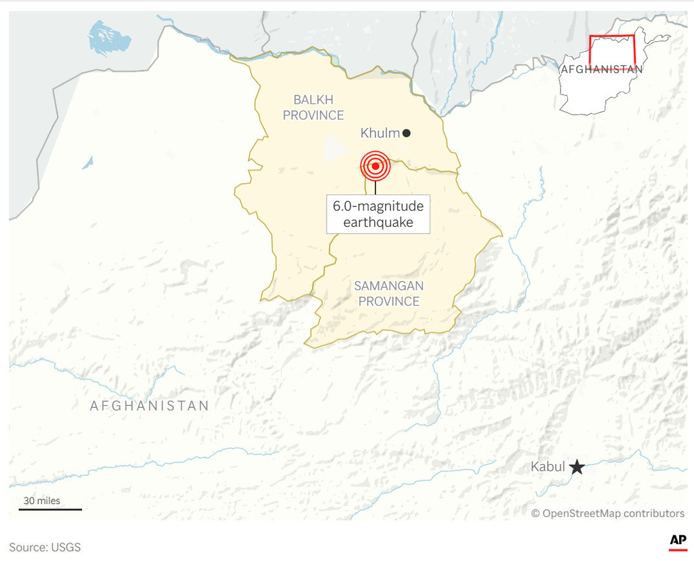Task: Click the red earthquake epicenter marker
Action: pyautogui.click(x=375, y=165)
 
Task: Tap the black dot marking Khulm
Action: pyautogui.click(x=407, y=133)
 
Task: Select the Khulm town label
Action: pyautogui.click(x=380, y=133)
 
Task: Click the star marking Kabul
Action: pyautogui.click(x=577, y=467)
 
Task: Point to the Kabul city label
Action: pyautogui.click(x=548, y=467)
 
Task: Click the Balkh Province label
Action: pyautogui.click(x=313, y=108)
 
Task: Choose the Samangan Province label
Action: pyautogui.click(x=388, y=293)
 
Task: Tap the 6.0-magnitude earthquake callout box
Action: pyautogui.click(x=378, y=214)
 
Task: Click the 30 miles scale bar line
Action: pyautogui.click(x=50, y=509)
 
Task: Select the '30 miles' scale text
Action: pyautogui.click(x=42, y=501)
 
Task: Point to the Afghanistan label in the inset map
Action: pyautogui.click(x=601, y=69)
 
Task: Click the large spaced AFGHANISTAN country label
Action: pyautogui.click(x=150, y=406)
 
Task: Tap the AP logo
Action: pyautogui.click(x=678, y=540)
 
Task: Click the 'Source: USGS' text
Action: pyautogui.click(x=45, y=547)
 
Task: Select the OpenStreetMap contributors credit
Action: pyautogui.click(x=607, y=513)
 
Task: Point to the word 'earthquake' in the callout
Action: pyautogui.click(x=378, y=222)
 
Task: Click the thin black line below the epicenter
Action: pyautogui.click(x=375, y=188)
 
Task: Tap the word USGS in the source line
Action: pyautogui.click(x=66, y=547)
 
